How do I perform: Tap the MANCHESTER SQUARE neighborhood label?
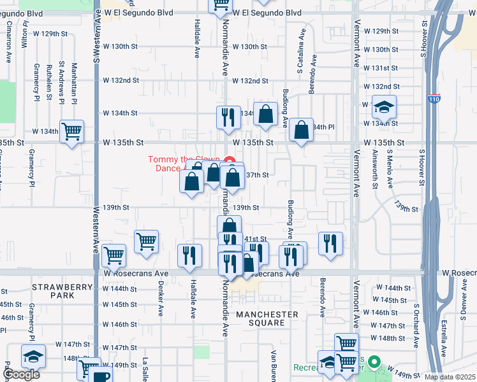tap(267, 319)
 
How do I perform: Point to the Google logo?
tap(21, 374)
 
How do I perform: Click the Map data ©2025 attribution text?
tap(450, 377)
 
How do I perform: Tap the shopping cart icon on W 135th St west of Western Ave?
tap(71, 131)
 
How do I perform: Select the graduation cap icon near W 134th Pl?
tap(385, 106)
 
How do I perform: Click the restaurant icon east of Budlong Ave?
tap(330, 243)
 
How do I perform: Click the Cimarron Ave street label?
tap(10, 41)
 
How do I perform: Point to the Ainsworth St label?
tap(375, 169)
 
